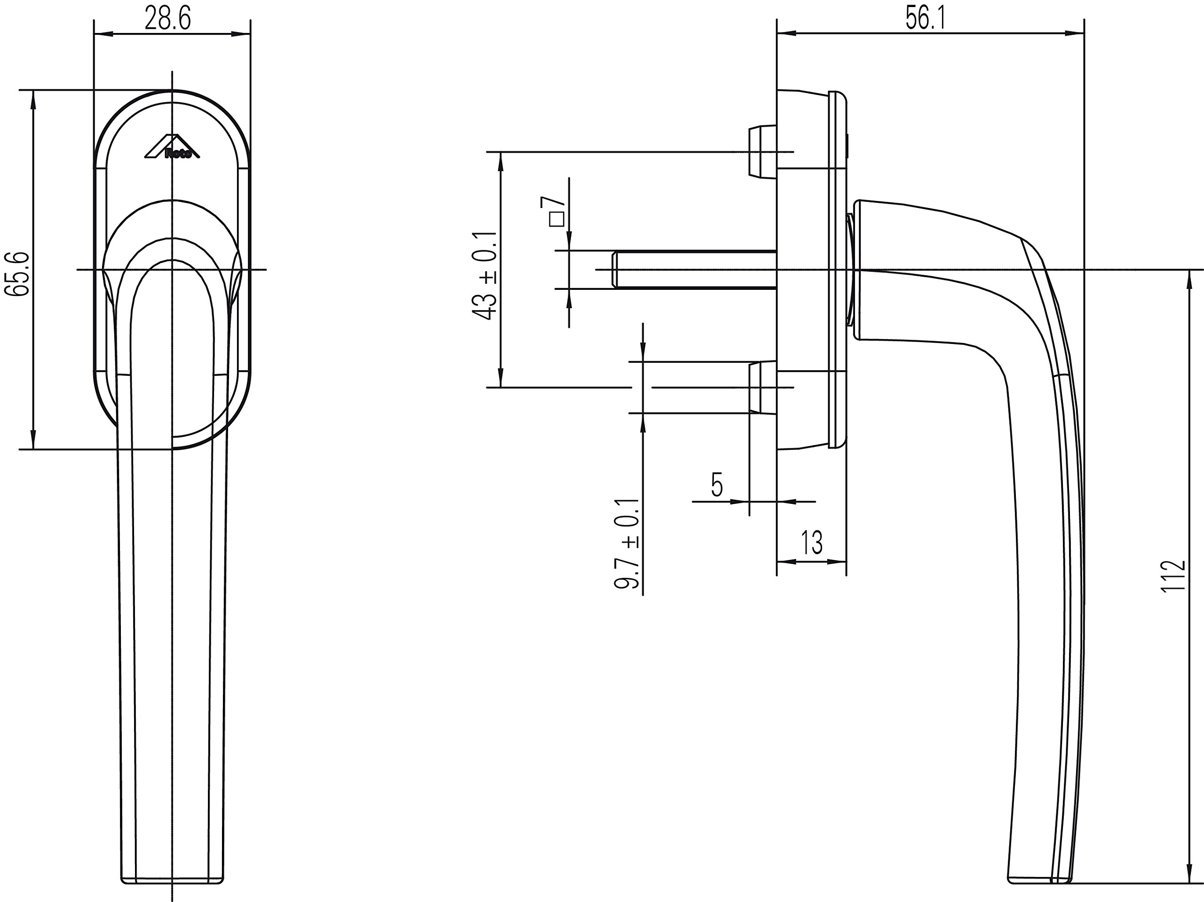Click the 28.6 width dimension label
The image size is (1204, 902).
(x=167, y=20)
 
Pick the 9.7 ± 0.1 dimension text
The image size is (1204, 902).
(x=627, y=543)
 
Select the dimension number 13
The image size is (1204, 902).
(x=812, y=543)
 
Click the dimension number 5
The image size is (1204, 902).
(x=717, y=485)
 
